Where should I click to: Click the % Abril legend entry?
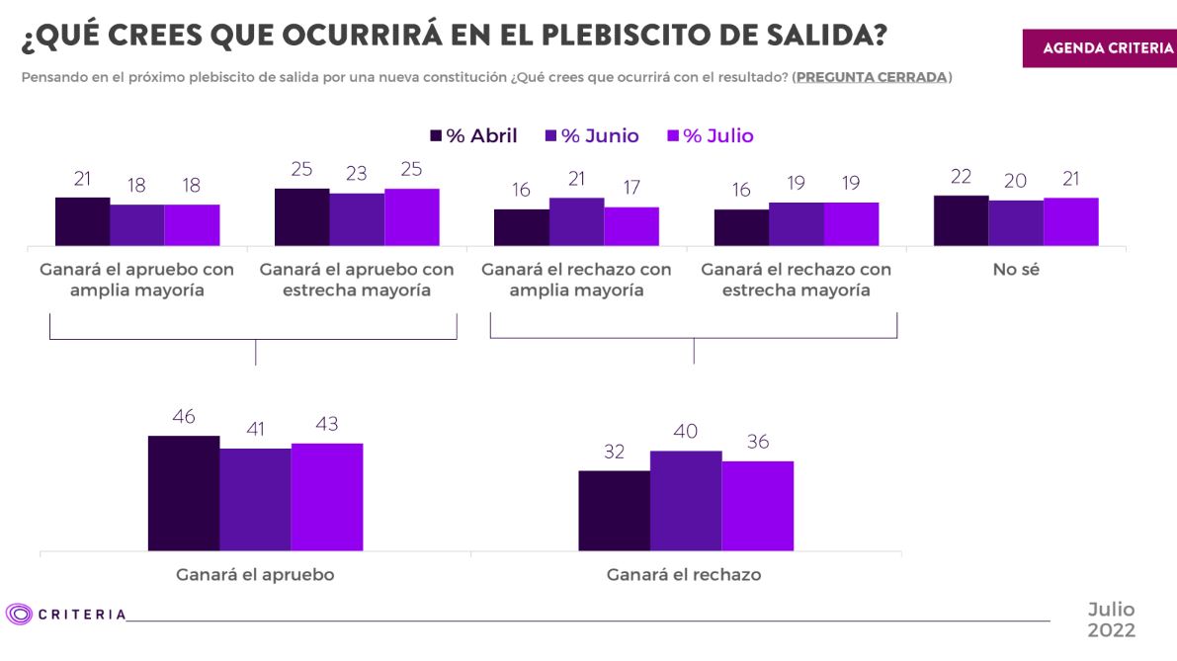tap(473, 136)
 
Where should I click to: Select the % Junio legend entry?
tap(590, 136)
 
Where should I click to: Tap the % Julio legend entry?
tap(711, 136)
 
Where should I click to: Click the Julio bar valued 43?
tap(327, 496)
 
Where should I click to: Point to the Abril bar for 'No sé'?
tap(961, 220)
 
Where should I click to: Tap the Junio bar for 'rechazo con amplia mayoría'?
tap(576, 221)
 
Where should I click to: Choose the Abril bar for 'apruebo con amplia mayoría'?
tap(82, 221)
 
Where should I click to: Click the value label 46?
tap(184, 419)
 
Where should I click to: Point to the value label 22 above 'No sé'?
tap(961, 178)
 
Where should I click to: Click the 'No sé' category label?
tap(1016, 269)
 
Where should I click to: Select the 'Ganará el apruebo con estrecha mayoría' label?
tap(357, 280)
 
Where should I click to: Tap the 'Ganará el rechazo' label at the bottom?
tap(684, 574)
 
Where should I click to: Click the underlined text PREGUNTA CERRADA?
tap(871, 77)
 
